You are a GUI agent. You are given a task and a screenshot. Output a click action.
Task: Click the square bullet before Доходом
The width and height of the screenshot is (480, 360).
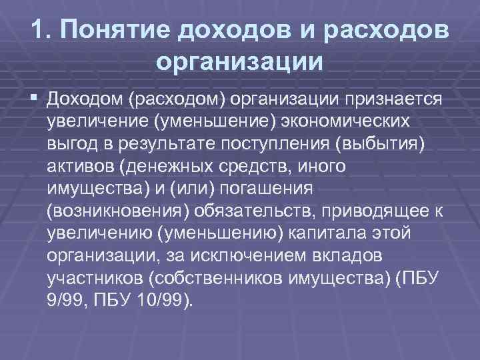(x=33, y=99)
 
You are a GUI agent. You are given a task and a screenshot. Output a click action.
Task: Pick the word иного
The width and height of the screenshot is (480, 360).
(x=323, y=167)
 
